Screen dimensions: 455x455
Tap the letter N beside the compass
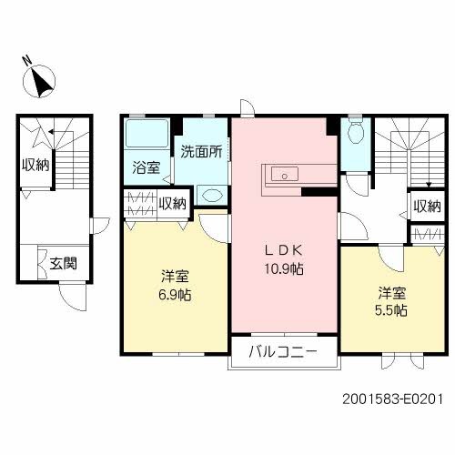point(27,63)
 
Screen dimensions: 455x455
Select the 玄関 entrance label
point(62,264)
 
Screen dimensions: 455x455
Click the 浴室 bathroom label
point(147,167)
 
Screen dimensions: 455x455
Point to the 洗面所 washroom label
point(199,151)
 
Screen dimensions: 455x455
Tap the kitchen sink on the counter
point(281,173)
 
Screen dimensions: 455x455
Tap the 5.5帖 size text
point(393,309)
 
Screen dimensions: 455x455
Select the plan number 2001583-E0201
point(394,398)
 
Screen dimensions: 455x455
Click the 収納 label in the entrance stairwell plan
point(35,165)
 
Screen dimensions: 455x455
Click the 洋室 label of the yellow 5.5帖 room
point(393,293)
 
